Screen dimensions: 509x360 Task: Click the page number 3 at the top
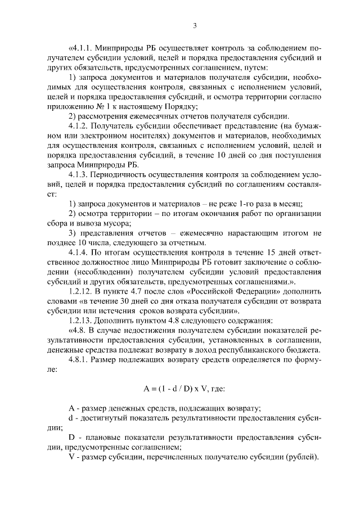click(194, 25)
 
